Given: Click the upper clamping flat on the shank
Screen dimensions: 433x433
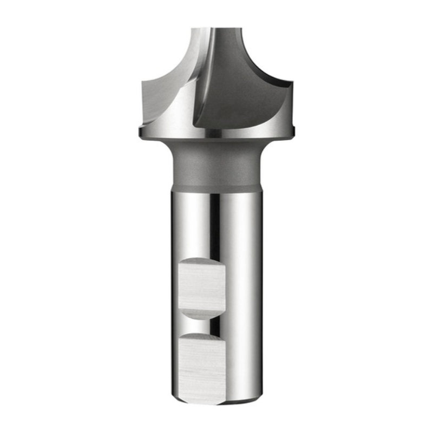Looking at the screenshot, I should (201, 285).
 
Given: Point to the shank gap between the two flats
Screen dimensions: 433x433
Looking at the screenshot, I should (201, 326).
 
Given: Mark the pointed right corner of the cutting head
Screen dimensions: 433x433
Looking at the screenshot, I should (292, 83).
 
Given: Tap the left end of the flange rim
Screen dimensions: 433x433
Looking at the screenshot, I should (141, 133).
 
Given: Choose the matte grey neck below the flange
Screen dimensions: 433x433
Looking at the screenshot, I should (216, 165).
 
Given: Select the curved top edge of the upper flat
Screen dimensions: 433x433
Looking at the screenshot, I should (201, 260).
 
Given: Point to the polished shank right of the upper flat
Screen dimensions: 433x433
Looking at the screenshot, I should (244, 287).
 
